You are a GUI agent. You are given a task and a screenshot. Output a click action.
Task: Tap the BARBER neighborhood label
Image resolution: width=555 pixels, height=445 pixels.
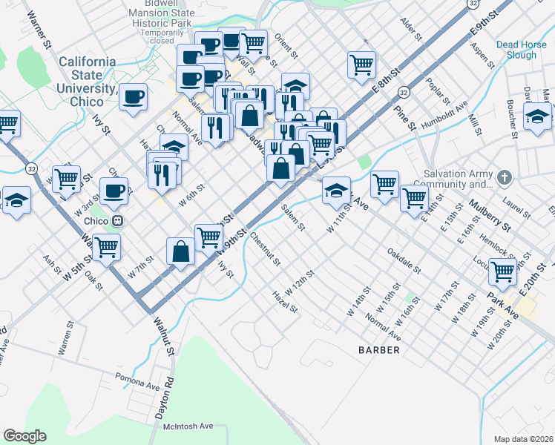pyautogui.click(x=378, y=349)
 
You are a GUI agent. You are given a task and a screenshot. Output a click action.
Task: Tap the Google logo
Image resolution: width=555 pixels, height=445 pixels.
pyautogui.click(x=24, y=436)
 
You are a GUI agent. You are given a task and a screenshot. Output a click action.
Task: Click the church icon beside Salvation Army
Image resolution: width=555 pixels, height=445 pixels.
pyautogui.click(x=505, y=177)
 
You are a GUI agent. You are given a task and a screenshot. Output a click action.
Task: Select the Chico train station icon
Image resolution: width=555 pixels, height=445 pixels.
pyautogui.click(x=117, y=221)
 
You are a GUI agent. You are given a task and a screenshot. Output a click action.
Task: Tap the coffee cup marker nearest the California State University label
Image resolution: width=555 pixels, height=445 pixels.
pyautogui.click(x=134, y=96)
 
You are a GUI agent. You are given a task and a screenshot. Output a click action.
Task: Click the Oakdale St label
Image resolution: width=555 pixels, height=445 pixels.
pyautogui.click(x=404, y=260)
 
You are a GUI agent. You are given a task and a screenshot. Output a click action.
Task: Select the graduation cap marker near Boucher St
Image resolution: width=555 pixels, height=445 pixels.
pyautogui.click(x=537, y=115)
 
